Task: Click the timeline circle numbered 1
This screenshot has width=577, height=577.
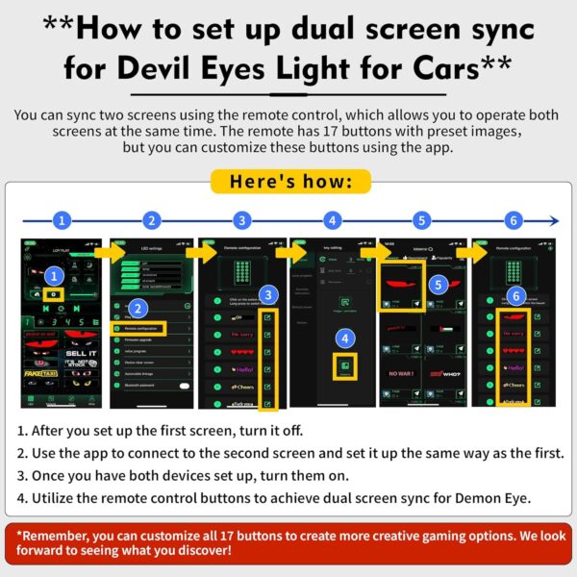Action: pos(62,220)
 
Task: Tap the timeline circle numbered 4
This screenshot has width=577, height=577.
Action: pos(333,220)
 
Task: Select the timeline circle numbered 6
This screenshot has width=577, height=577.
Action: pos(514,220)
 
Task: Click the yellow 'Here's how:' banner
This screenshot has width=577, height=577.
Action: pos(289,181)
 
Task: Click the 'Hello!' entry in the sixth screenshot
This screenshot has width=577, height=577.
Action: pos(515,367)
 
